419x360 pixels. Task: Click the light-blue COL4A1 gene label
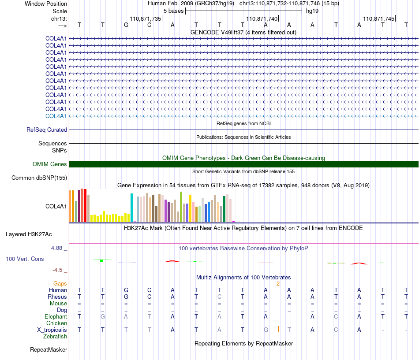(56, 116)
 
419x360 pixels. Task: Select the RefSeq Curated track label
(47, 130)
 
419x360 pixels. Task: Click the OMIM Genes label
(50, 164)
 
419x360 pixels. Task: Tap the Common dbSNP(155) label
(39, 178)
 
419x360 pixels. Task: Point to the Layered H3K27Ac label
(29, 234)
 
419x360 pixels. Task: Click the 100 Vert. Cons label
(25, 259)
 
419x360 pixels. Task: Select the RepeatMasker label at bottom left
(49, 349)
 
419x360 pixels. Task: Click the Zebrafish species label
(55, 337)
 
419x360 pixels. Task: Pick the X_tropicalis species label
(52, 330)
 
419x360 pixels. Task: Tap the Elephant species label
(56, 317)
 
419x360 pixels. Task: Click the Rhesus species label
(57, 297)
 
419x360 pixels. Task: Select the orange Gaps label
(60, 284)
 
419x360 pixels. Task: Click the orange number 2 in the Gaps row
(278, 284)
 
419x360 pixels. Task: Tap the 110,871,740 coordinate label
(262, 19)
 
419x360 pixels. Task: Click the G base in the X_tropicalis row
(266, 330)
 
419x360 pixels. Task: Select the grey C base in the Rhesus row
(219, 297)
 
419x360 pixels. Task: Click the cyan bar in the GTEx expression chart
(131, 208)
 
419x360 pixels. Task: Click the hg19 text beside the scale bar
(312, 11)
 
